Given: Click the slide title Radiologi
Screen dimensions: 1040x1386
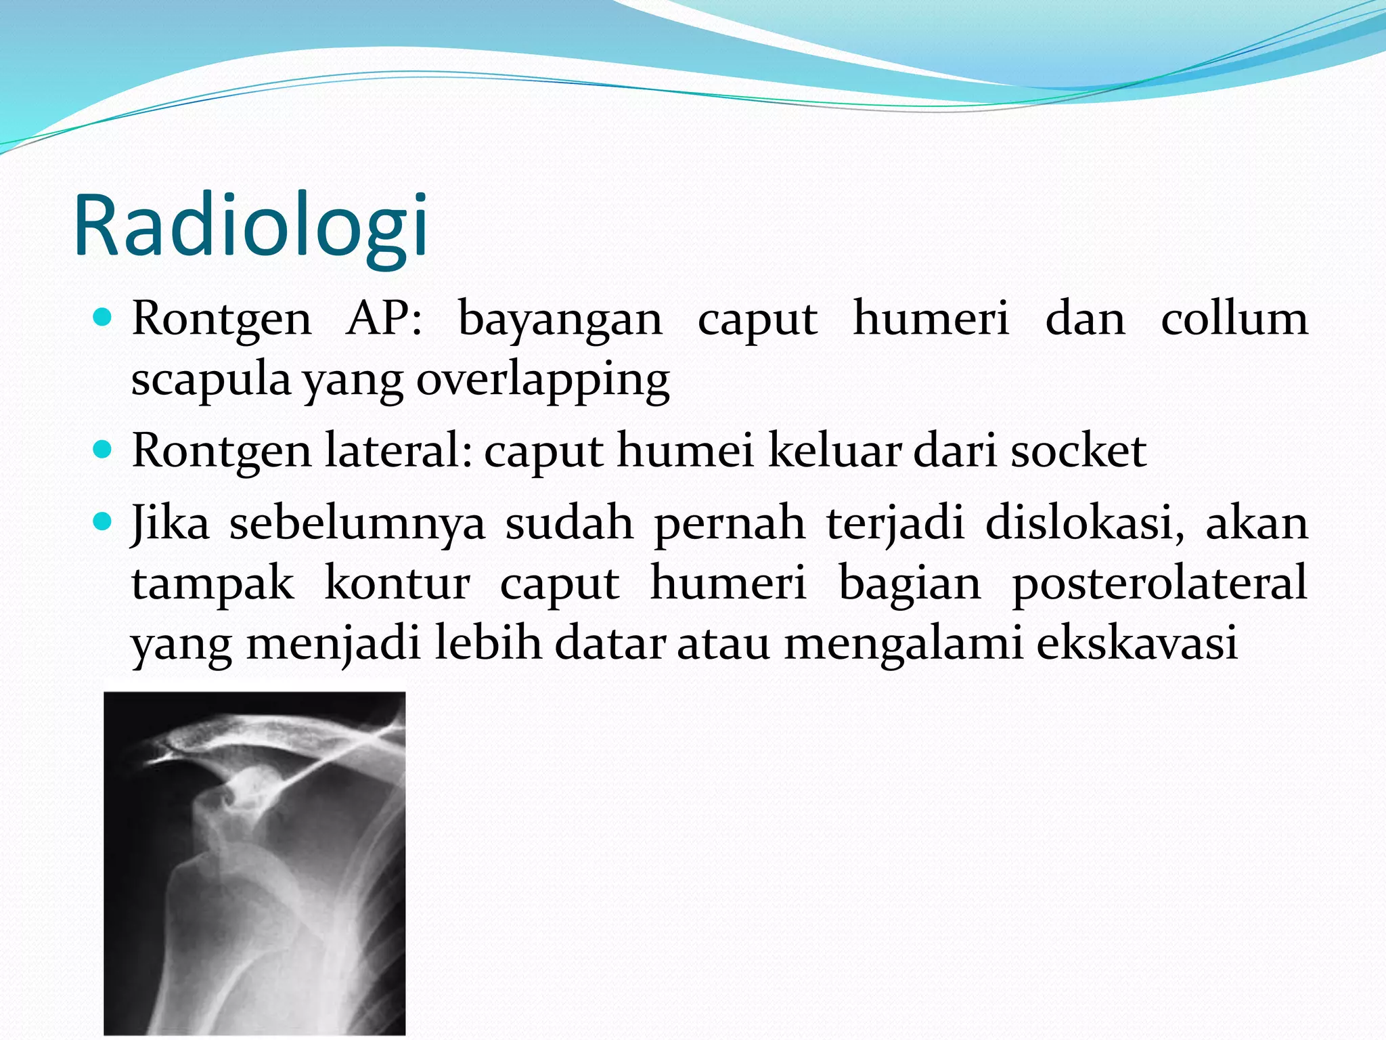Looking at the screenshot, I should pos(250,227).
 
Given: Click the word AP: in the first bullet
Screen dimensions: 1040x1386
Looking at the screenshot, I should pos(384,318).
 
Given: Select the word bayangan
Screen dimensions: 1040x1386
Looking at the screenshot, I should pos(560,318).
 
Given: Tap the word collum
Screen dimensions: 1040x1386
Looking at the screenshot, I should pos(1234,318).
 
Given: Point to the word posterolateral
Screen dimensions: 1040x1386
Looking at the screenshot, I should pos(1159,583).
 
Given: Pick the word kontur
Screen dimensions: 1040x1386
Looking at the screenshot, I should pos(397,583).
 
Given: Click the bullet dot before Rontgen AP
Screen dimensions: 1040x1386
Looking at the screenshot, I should pos(102,316).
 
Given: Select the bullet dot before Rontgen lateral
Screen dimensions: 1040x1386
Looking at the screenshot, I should pos(102,449).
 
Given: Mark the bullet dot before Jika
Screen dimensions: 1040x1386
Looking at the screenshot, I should pos(102,521).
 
